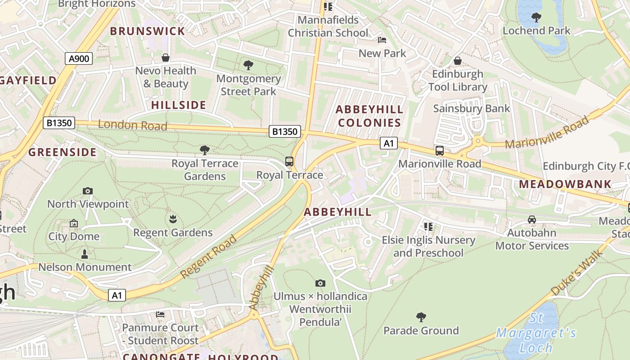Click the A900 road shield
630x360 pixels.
(79, 58)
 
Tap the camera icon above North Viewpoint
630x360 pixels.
(88, 191)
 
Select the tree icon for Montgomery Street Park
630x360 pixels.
(248, 65)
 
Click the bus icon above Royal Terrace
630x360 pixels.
(289, 162)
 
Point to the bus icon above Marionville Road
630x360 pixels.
(440, 151)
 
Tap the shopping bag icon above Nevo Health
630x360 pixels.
(166, 58)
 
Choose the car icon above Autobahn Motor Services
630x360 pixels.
(532, 220)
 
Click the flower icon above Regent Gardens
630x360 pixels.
(173, 220)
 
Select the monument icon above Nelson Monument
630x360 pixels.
(84, 254)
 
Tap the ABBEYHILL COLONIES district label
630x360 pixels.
(369, 116)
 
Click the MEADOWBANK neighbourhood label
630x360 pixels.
(565, 184)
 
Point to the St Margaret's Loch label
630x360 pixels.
(535, 333)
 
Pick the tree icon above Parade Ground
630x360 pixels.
(421, 317)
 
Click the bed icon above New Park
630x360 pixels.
(382, 40)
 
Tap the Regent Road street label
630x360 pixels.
(209, 256)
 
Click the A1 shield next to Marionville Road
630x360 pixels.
(389, 144)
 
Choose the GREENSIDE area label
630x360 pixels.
(63, 152)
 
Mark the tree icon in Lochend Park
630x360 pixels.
(536, 18)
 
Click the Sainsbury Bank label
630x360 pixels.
(472, 108)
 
